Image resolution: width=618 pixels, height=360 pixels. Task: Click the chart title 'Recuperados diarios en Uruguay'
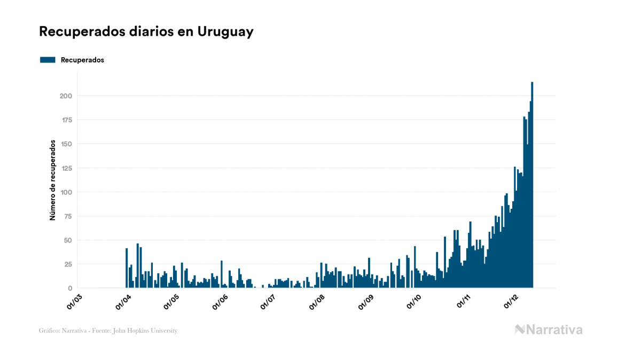(146, 32)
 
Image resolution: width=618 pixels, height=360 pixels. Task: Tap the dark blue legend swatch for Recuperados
(48, 60)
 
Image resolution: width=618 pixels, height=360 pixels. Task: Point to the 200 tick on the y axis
(66, 96)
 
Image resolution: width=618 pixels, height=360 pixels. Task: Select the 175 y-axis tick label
(66, 120)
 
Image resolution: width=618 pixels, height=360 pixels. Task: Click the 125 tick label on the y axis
(66, 168)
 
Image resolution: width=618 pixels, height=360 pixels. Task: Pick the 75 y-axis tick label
(67, 216)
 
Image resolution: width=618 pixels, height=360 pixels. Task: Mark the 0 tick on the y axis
(70, 288)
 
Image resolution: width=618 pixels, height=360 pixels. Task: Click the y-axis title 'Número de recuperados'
(53, 181)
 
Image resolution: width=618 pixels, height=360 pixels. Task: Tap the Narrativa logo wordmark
(549, 330)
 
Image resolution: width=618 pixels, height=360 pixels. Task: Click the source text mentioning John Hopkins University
(108, 331)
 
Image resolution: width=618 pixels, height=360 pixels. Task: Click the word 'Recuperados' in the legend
(82, 60)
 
